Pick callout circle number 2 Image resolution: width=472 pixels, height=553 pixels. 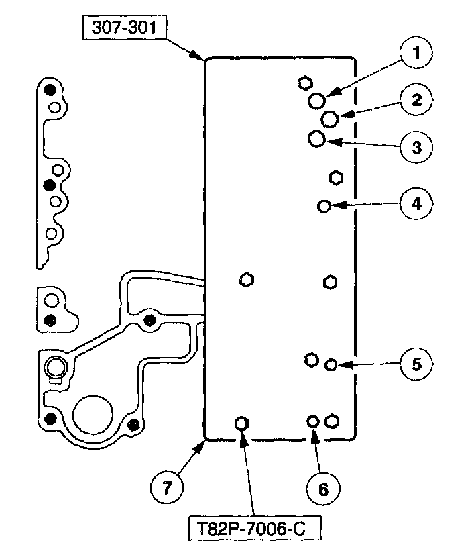pyautogui.click(x=416, y=100)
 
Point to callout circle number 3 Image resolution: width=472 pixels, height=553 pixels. pyautogui.click(x=416, y=147)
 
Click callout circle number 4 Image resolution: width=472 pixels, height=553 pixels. pyautogui.click(x=416, y=203)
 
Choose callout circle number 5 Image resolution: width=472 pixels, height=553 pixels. pyautogui.click(x=416, y=364)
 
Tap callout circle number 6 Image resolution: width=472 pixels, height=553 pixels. pyautogui.click(x=323, y=489)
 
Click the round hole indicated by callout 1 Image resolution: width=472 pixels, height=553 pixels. pyautogui.click(x=318, y=101)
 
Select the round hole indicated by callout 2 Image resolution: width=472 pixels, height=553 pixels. pyautogui.click(x=329, y=119)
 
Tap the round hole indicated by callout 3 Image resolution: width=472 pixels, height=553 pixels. pyautogui.click(x=317, y=139)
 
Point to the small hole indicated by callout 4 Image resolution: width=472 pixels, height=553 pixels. pyautogui.click(x=324, y=206)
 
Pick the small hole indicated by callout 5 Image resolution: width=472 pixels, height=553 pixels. pyautogui.click(x=331, y=364)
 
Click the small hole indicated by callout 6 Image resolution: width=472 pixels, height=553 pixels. pyautogui.click(x=312, y=421)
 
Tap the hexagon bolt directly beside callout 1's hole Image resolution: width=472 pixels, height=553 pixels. pyautogui.click(x=304, y=83)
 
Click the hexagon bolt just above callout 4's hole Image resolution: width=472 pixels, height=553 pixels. pyautogui.click(x=336, y=178)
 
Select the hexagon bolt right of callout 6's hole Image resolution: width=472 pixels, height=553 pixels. pyautogui.click(x=331, y=421)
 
